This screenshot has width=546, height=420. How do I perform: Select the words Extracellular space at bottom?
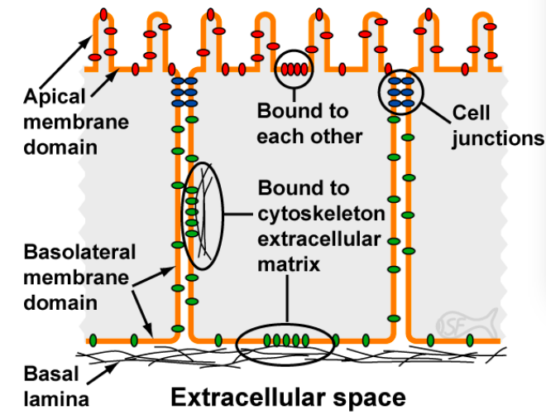(x=288, y=398)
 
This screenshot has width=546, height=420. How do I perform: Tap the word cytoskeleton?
(x=321, y=215)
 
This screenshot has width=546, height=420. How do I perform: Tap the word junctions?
(x=498, y=138)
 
